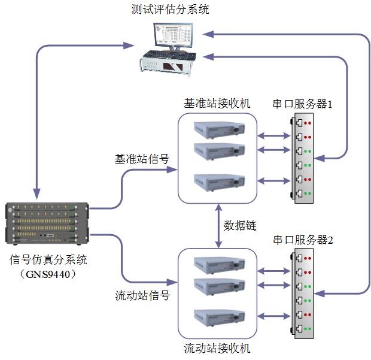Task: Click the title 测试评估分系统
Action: [171, 9]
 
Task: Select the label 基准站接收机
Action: [217, 103]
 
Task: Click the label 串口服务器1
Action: [303, 104]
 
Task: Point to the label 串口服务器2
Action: [303, 240]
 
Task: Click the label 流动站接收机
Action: [217, 348]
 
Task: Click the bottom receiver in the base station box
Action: [217, 181]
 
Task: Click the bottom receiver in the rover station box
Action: [217, 317]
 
